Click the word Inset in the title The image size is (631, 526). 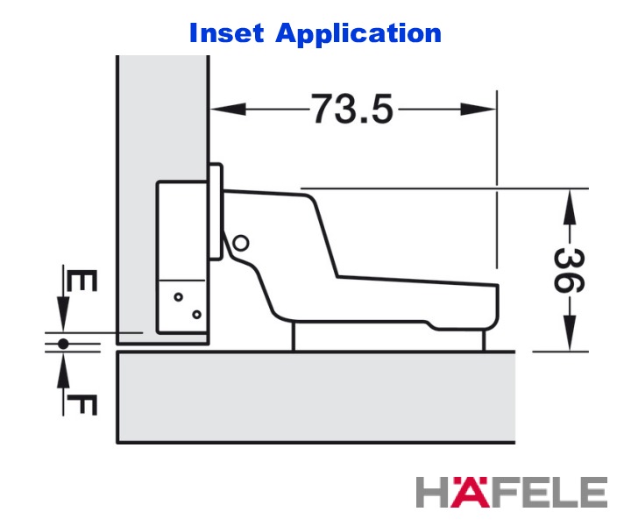227,32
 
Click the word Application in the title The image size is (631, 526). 358,34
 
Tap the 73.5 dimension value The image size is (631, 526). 352,109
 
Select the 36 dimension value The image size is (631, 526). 569,270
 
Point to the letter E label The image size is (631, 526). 82,281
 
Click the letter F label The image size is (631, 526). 82,405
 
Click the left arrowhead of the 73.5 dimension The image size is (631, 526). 228,109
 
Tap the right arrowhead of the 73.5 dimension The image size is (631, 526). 479,109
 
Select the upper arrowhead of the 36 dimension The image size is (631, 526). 570,207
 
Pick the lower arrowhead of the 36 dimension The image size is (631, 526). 570,333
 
